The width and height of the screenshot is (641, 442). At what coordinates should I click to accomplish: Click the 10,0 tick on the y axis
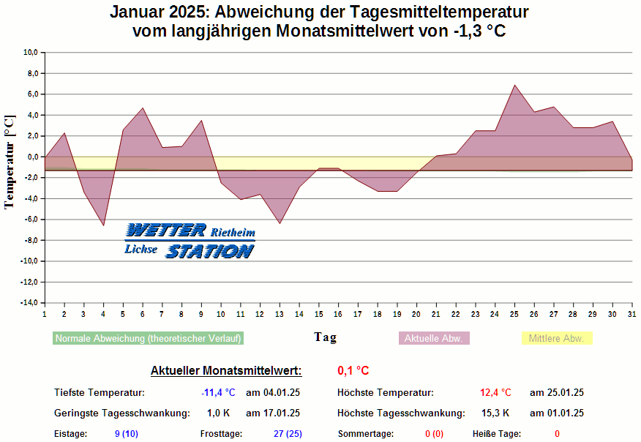[x=31, y=53]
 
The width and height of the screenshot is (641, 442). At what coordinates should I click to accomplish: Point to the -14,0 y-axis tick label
[x=29, y=303]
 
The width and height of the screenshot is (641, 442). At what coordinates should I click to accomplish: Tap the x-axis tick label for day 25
[x=514, y=314]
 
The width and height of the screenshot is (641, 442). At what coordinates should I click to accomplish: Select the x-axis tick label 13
[x=280, y=314]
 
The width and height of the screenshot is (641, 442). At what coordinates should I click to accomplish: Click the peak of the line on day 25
[x=515, y=85]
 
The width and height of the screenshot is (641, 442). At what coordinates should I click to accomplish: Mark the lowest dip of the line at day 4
[x=103, y=225]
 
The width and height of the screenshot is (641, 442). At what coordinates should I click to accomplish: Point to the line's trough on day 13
[x=280, y=223]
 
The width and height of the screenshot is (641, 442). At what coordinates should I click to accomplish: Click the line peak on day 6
[x=143, y=108]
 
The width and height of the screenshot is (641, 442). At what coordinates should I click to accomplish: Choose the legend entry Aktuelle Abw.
[x=433, y=338]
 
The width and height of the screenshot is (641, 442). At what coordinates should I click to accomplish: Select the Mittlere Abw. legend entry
[x=556, y=338]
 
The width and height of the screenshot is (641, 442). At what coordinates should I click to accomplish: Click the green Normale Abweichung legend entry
[x=148, y=338]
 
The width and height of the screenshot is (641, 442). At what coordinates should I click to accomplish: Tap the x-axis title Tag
[x=326, y=337]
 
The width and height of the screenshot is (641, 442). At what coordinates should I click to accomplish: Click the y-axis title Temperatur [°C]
[x=10, y=162]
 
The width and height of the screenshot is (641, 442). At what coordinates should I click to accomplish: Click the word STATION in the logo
[x=209, y=251]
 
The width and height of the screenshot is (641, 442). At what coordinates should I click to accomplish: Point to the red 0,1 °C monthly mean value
[x=353, y=371]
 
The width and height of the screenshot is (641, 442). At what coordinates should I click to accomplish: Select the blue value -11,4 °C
[x=218, y=393]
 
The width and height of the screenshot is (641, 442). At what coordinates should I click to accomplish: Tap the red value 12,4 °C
[x=495, y=393]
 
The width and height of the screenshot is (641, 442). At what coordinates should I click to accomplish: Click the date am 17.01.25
[x=272, y=413]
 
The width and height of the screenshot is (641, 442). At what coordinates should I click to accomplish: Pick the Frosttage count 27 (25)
[x=288, y=434]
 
